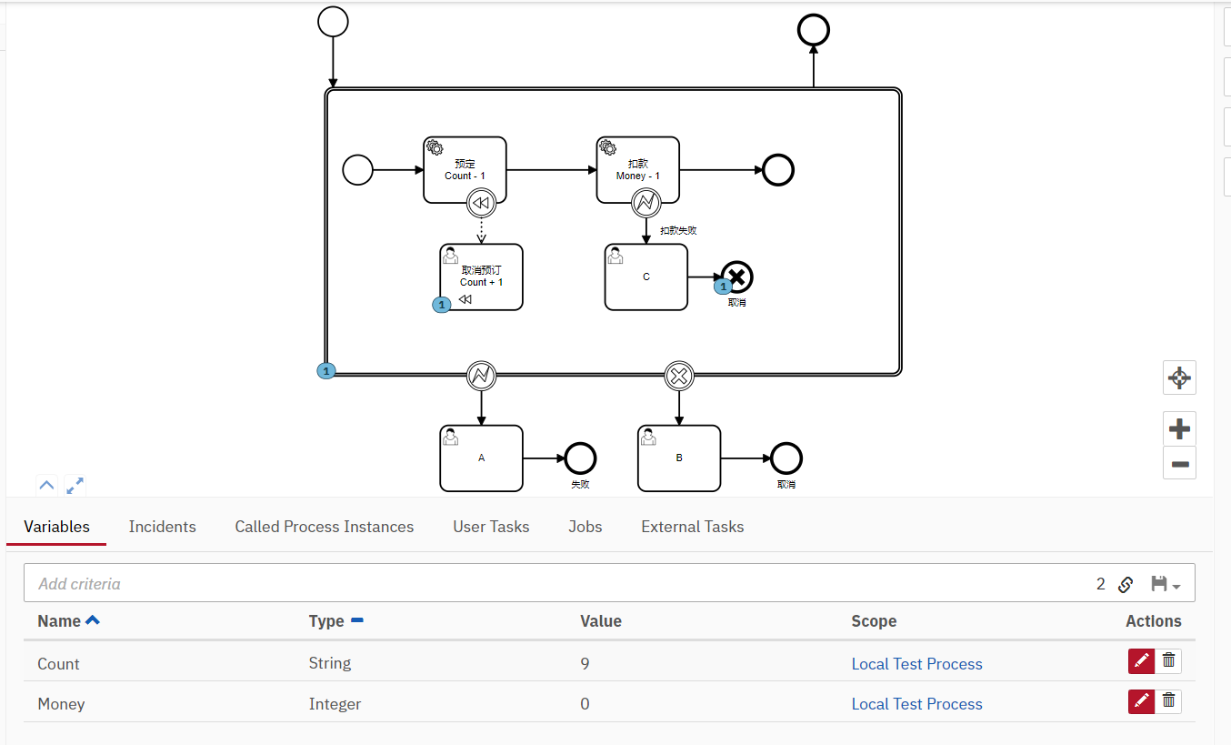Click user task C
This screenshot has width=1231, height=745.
click(x=646, y=277)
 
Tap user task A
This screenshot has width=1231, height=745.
click(x=481, y=458)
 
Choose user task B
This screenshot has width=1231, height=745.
click(x=679, y=458)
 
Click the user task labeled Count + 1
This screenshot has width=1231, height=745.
click(x=481, y=277)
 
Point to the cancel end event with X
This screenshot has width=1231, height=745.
click(x=737, y=277)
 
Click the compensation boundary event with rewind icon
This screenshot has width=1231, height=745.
click(x=481, y=203)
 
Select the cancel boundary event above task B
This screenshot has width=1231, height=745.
click(x=679, y=375)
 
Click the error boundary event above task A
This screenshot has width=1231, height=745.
click(x=481, y=375)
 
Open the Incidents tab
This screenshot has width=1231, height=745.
click(x=162, y=527)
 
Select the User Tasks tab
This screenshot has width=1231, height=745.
click(x=491, y=527)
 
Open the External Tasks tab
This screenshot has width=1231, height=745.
click(x=692, y=527)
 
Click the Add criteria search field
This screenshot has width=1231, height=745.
click(x=545, y=584)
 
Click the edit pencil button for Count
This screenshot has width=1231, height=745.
click(x=1141, y=661)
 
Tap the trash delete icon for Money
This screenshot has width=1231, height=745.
click(x=1169, y=701)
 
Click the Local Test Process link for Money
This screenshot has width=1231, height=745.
click(x=916, y=704)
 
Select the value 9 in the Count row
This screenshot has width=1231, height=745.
click(x=585, y=664)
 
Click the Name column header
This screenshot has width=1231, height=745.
click(x=60, y=621)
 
